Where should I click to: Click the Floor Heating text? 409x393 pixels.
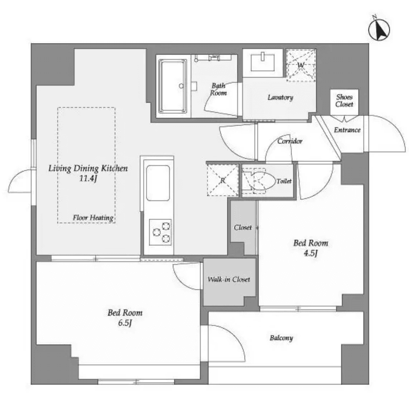[x=93, y=218]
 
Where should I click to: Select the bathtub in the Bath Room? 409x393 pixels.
[x=172, y=86]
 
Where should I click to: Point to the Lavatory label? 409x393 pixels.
[x=280, y=98]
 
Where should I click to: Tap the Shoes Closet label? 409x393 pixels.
[x=344, y=100]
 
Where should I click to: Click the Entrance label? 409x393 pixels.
[x=347, y=130]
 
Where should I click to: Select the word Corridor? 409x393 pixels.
[x=290, y=142]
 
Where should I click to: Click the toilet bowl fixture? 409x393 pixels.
[x=258, y=182]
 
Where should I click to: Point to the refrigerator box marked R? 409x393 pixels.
[x=223, y=180]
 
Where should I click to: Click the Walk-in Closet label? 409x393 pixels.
[x=228, y=280]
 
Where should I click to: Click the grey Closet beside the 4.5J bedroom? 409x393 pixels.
[x=243, y=228]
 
